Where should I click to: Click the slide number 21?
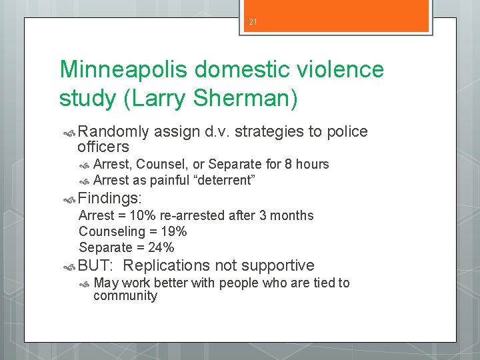[253, 22]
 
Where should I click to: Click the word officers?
[103, 146]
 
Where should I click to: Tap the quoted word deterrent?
[223, 180]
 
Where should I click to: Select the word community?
[125, 296]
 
